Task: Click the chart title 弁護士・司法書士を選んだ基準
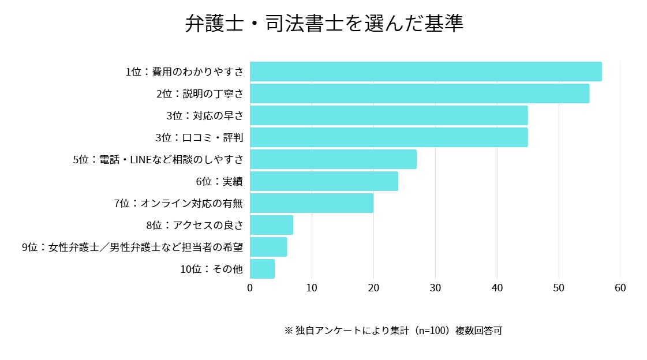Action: pos(324,24)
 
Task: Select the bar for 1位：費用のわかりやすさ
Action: pos(425,72)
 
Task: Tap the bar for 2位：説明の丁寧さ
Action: pos(419,93)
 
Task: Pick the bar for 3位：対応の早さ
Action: pos(388,115)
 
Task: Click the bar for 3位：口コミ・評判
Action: pos(388,137)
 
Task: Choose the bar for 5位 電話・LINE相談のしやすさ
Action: pos(333,159)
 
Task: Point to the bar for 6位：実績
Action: pos(324,181)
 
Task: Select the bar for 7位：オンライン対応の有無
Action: pos(312,203)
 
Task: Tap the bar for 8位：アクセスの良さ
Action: pos(271,225)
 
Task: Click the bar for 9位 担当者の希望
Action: pos(268,247)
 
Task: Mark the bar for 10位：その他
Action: pos(262,269)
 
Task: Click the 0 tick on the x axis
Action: pos(250,288)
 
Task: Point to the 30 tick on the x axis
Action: pos(435,288)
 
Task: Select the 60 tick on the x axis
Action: pos(620,288)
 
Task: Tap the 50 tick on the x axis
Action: pos(559,288)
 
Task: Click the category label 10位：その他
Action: pos(211,269)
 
